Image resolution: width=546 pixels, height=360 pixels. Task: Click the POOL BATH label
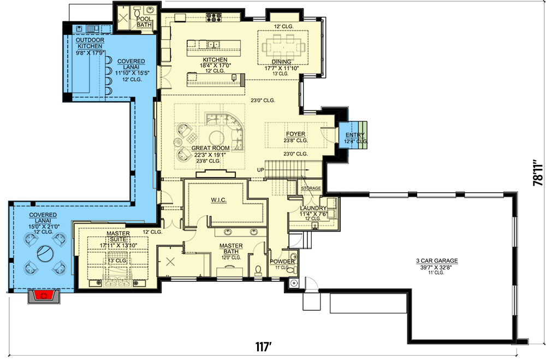[x=144, y=22]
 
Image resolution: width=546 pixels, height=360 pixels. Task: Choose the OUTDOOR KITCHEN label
[x=90, y=43]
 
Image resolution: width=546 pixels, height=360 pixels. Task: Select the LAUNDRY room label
[x=313, y=208]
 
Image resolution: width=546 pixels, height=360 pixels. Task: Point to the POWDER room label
[x=282, y=262]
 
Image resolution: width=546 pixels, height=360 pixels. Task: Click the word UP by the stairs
[x=260, y=170]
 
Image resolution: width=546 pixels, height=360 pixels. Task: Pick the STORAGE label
[x=311, y=188]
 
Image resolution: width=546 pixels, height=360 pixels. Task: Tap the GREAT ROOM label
[x=207, y=147]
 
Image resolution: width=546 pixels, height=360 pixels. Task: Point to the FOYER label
[x=295, y=134]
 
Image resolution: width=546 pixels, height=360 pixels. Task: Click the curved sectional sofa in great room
[x=229, y=128]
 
